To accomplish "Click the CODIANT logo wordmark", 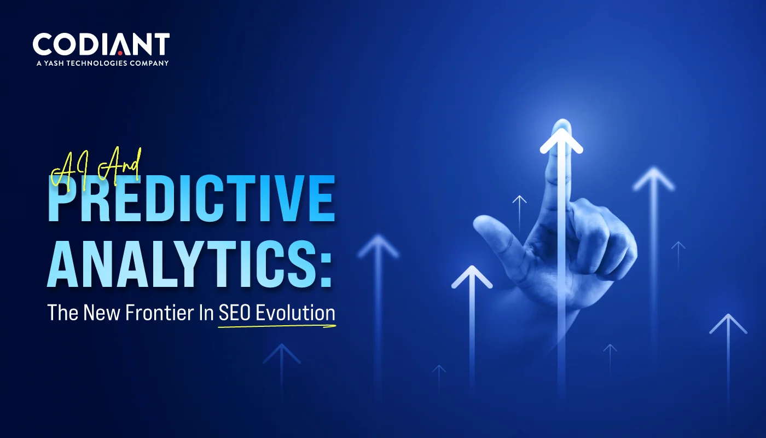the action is click(x=101, y=44).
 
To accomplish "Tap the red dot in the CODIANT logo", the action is click(x=120, y=53).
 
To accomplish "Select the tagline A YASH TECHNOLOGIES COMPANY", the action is click(x=103, y=64).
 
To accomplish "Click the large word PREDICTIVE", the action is click(x=191, y=198).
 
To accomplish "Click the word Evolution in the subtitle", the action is click(x=295, y=313).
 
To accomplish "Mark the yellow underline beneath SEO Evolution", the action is click(x=277, y=326).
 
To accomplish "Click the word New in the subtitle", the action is click(x=102, y=313).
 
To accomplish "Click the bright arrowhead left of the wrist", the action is click(x=472, y=276).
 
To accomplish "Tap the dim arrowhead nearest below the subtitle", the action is click(x=281, y=354).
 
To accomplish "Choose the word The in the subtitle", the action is click(x=63, y=313).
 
